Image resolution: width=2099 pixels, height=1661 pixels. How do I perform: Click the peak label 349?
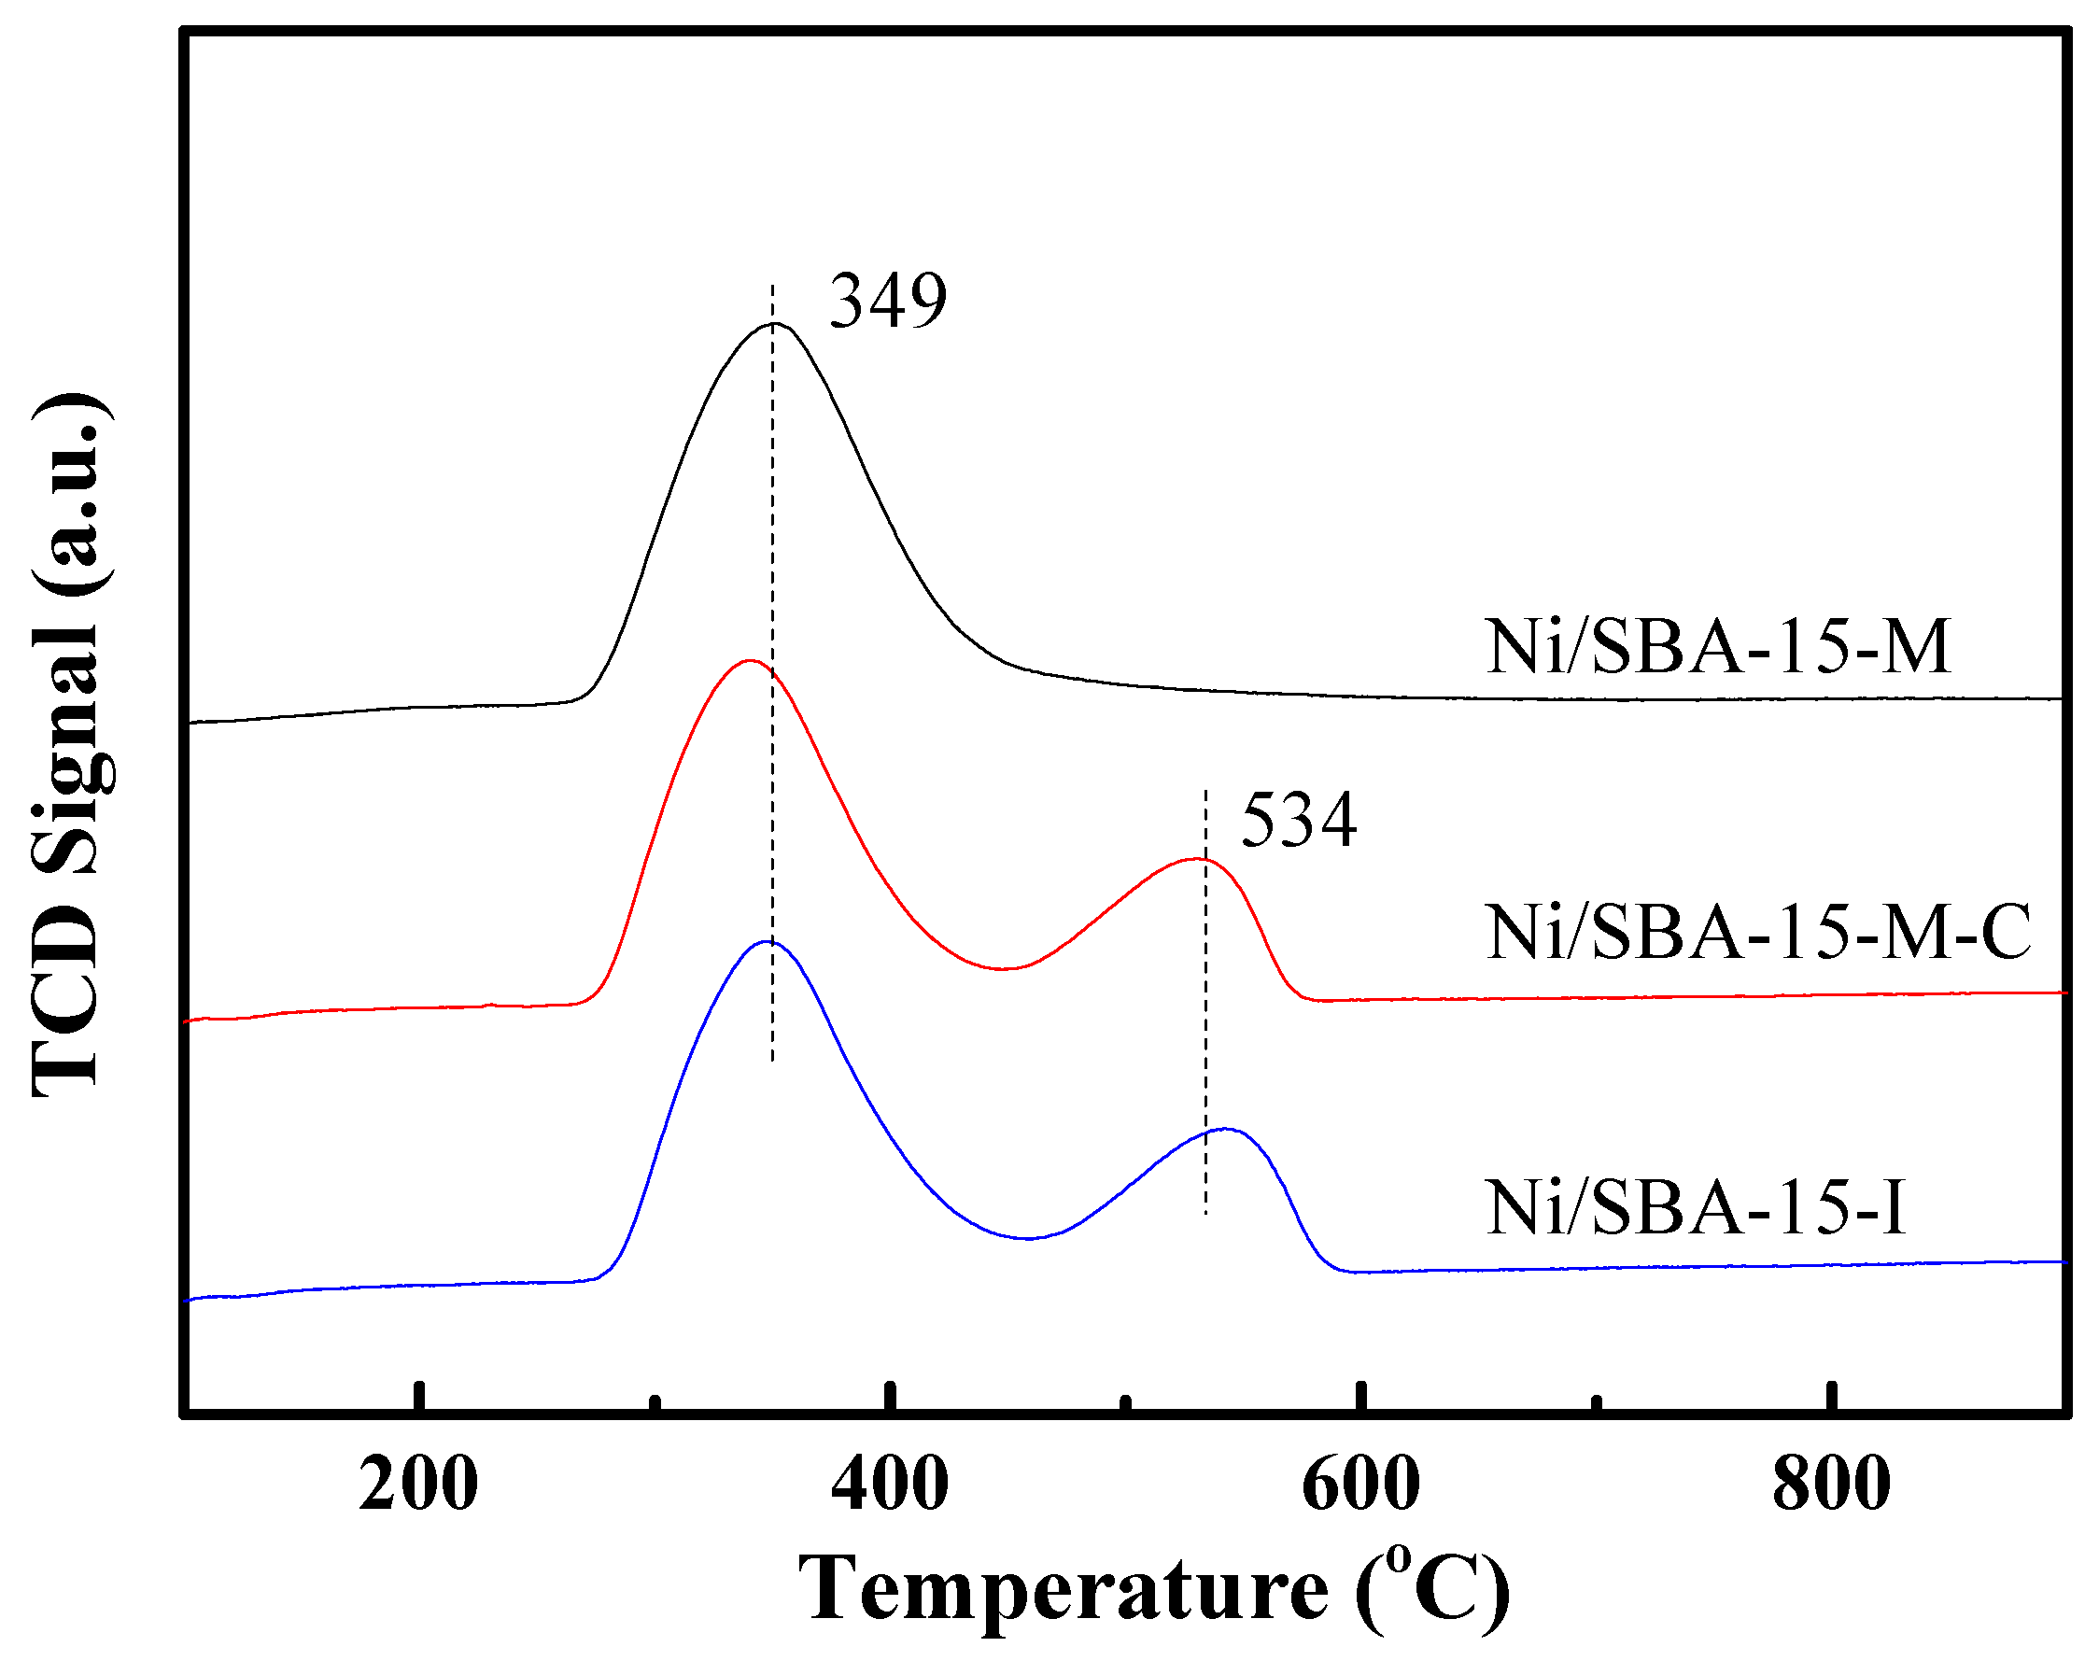pyautogui.click(x=887, y=302)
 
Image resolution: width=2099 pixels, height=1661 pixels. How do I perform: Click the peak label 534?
pyautogui.click(x=1299, y=821)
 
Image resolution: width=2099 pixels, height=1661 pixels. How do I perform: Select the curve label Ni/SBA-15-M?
pyautogui.click(x=1717, y=647)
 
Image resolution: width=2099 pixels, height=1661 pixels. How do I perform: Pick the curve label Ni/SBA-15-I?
pyautogui.click(x=1696, y=1208)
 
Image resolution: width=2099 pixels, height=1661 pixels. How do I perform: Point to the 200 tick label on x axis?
pyautogui.click(x=418, y=1485)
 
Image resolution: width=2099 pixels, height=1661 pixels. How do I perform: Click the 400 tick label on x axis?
pyautogui.click(x=889, y=1485)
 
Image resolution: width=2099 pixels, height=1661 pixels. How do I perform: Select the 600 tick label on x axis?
pyautogui.click(x=1360, y=1485)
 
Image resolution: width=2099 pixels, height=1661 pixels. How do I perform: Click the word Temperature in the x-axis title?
pyautogui.click(x=1063, y=1589)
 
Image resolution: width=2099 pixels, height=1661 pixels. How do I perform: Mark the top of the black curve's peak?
pyautogui.click(x=773, y=324)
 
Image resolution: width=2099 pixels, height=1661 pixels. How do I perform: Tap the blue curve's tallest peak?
pyautogui.click(x=768, y=941)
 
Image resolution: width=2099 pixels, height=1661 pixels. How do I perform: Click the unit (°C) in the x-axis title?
pyautogui.click(x=1432, y=1589)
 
